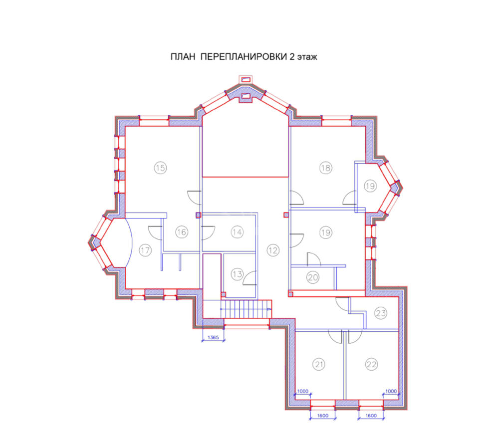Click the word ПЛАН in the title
[183, 57]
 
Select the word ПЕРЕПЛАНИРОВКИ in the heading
[244, 57]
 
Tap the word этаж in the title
[307, 57]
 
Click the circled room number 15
[160, 168]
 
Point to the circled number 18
[325, 168]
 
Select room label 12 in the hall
[273, 250]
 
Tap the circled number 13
[237, 274]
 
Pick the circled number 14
[237, 232]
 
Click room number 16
[182, 232]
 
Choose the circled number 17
[145, 250]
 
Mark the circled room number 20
[313, 278]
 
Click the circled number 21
[319, 364]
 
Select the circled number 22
[371, 364]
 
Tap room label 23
[381, 313]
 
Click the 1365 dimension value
[213, 338]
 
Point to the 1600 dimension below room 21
[323, 416]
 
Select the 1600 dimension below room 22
[371, 416]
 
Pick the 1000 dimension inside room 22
[391, 391]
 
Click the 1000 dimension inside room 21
[303, 391]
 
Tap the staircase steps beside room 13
[246, 309]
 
